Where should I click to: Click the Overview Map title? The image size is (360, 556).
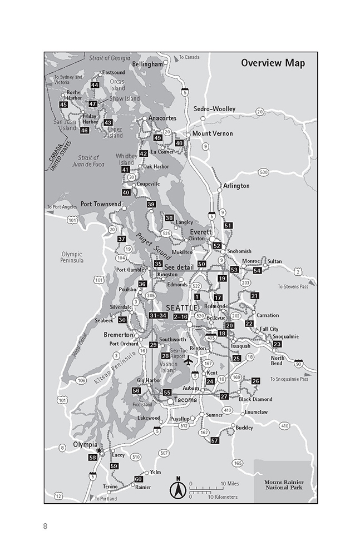pos(273,63)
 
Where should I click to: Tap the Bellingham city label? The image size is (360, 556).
pos(147,64)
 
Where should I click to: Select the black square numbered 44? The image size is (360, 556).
pos(95,85)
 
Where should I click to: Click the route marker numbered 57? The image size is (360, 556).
pos(215,440)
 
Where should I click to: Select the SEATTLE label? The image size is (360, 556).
pos(182,307)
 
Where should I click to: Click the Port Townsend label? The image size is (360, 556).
pos(100,204)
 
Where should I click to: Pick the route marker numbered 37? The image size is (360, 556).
pos(122,239)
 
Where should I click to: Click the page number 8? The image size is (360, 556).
pos(45,526)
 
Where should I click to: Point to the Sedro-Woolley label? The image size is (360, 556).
pos(214,109)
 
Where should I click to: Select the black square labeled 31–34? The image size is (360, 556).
pos(159,316)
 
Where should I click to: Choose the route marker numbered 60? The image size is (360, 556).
pos(139,479)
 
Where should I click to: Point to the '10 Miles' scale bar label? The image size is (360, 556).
pos(229,483)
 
